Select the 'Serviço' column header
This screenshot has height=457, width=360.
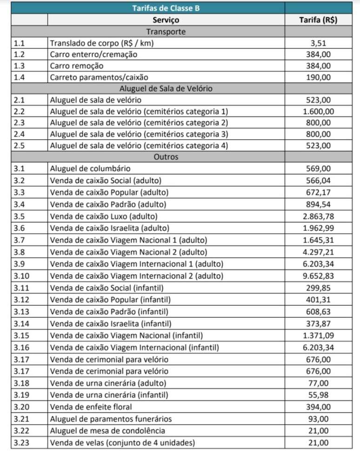[x=166, y=20]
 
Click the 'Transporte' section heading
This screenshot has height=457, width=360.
[x=166, y=32]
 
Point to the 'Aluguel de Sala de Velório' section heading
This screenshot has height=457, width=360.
[x=166, y=88]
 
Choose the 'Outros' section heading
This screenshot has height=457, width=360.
[x=166, y=157]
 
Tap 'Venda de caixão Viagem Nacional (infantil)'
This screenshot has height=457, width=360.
[x=127, y=336]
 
